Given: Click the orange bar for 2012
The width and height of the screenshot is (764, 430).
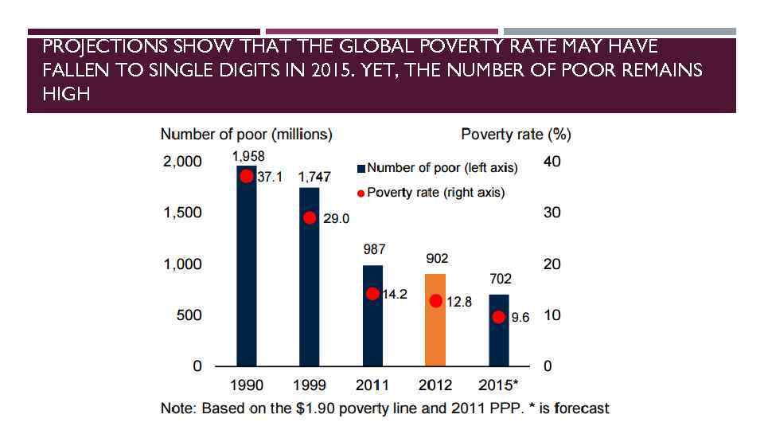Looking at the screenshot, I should (x=435, y=320).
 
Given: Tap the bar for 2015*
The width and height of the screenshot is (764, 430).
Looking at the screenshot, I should (x=499, y=330).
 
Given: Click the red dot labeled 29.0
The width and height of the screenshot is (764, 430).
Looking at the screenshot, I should (x=310, y=218).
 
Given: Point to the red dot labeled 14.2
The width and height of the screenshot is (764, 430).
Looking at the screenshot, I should (x=372, y=294).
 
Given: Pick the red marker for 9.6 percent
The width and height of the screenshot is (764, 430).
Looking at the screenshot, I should (x=499, y=317).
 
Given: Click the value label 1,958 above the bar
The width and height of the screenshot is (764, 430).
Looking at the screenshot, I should (x=248, y=157).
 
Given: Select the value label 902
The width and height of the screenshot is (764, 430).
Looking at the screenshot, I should (x=437, y=258).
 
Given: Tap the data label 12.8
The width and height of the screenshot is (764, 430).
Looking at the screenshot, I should (x=459, y=302).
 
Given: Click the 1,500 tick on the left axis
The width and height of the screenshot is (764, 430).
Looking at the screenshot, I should (x=183, y=213).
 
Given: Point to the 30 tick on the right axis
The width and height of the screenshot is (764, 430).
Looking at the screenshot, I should (x=552, y=213).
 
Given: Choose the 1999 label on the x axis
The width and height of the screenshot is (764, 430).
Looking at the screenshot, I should (x=310, y=385).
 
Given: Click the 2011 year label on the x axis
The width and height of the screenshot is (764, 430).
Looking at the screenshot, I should (x=372, y=385).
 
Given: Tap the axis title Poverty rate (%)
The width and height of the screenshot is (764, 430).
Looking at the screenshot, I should (x=516, y=134).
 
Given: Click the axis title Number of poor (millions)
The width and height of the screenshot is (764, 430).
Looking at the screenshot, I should (x=247, y=134).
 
